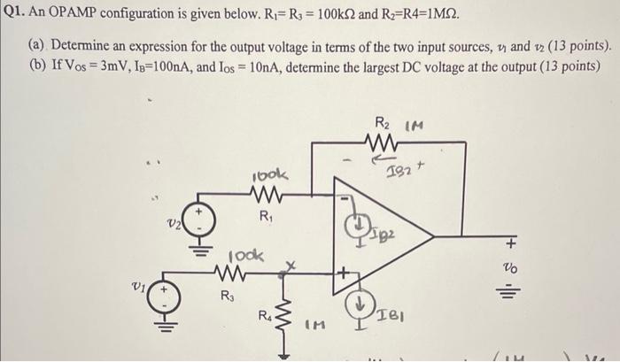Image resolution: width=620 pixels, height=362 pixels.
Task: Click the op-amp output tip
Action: [x=433, y=236]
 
